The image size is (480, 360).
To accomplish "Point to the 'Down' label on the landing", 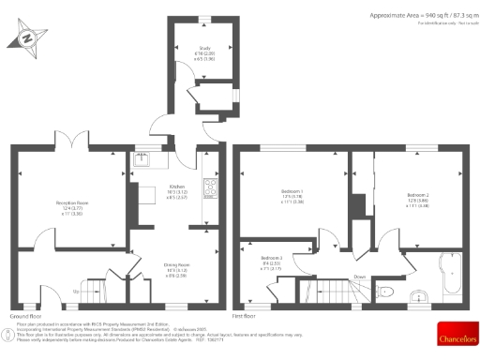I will tap(359, 277).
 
